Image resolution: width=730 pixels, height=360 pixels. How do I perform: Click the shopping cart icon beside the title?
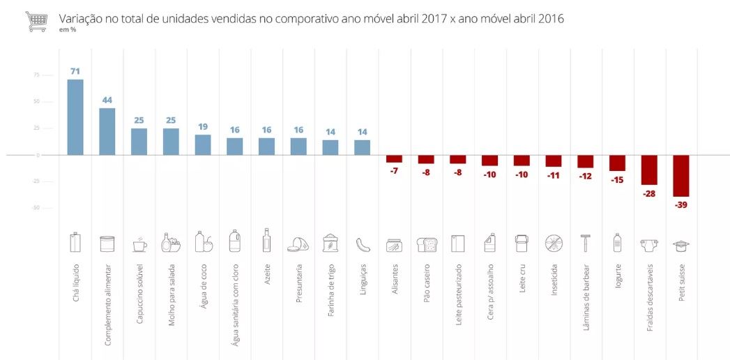(x=36, y=21)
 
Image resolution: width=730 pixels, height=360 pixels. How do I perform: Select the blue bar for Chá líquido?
(x=75, y=117)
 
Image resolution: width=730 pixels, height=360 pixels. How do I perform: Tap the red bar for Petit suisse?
(x=680, y=176)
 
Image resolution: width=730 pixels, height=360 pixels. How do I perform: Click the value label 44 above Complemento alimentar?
(x=107, y=100)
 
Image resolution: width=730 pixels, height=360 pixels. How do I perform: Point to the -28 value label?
(x=649, y=193)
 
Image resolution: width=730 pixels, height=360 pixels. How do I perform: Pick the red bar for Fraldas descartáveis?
(x=649, y=170)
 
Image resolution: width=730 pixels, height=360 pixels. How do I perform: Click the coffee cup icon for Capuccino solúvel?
(x=139, y=244)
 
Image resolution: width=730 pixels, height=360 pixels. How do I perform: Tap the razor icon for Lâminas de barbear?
(x=585, y=243)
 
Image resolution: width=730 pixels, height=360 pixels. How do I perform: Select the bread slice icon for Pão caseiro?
(x=426, y=244)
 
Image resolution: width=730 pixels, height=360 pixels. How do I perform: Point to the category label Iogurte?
(x=617, y=276)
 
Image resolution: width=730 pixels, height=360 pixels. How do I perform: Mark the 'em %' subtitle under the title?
(x=68, y=30)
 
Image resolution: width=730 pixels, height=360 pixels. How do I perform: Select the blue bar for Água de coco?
(x=203, y=144)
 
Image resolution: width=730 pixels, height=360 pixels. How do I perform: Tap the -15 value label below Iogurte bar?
(x=617, y=179)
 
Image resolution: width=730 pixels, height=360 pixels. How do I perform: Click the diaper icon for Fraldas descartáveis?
(x=648, y=244)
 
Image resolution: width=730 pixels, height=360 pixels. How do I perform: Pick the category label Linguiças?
(x=363, y=281)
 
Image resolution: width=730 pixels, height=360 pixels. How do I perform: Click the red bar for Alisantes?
(x=394, y=158)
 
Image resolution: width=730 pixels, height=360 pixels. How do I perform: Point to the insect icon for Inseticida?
(x=553, y=243)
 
